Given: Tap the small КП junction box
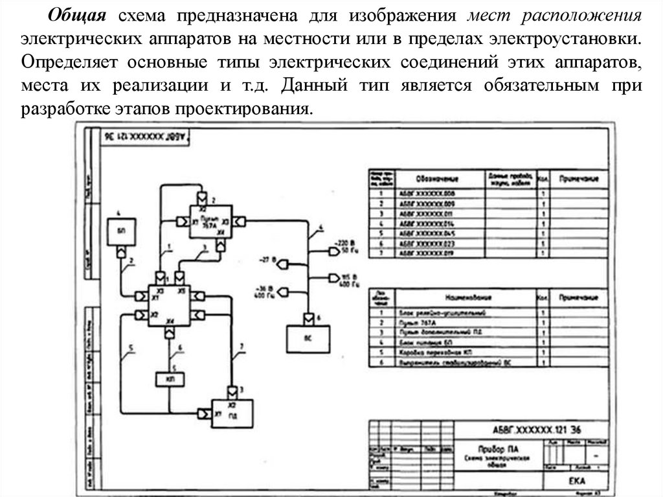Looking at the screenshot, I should point(170,378).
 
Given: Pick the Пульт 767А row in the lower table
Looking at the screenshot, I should point(461,322).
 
